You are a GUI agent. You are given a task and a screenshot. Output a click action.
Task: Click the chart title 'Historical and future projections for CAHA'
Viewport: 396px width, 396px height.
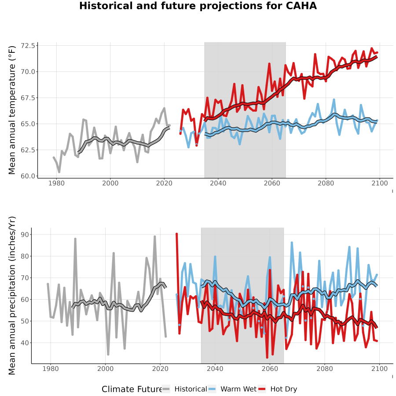[198, 6]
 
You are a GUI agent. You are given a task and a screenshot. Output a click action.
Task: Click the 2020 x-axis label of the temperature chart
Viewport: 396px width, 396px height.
[164, 183]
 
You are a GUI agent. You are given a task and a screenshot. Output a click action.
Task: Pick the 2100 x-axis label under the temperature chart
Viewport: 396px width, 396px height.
[380, 183]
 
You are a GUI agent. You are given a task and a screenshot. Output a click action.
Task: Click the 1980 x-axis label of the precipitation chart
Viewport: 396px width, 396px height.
[51, 369]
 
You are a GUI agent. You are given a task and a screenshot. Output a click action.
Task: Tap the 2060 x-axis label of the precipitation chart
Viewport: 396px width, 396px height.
[270, 369]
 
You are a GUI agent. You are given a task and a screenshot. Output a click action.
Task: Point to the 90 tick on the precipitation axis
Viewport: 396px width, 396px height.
[25, 235]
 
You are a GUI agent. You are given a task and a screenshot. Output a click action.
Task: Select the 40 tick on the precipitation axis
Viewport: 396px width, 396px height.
[25, 343]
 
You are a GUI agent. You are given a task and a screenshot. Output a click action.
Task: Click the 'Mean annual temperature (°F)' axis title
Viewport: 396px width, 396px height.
[12, 110]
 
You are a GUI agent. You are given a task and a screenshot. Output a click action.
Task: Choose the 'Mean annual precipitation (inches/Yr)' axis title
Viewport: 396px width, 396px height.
[12, 296]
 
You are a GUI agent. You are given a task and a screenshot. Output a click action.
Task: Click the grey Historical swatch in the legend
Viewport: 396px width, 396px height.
[166, 389]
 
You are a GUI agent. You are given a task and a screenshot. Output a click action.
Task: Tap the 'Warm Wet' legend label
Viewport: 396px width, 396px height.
[238, 389]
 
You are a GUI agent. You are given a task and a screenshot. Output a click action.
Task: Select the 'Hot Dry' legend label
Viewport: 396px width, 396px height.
[284, 389]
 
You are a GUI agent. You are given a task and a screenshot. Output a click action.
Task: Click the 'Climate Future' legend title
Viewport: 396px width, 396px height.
[132, 389]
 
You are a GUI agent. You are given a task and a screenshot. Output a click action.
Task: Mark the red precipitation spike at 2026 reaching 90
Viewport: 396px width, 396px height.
[177, 234]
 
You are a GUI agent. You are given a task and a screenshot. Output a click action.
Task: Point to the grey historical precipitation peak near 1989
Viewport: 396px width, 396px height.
[75, 238]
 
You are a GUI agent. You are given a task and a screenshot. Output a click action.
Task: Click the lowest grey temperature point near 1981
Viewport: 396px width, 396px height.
[59, 172]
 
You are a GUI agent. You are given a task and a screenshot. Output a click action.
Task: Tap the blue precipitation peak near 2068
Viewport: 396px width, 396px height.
[292, 243]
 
